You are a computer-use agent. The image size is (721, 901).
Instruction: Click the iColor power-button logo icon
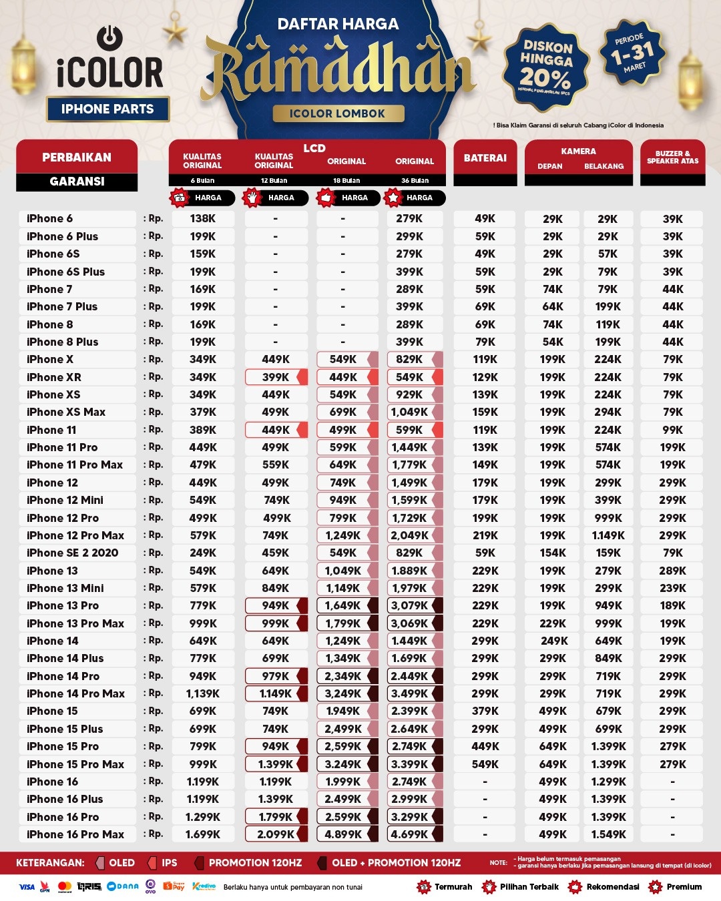coord(109,38)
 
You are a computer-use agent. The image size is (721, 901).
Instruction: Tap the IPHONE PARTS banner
coord(107,109)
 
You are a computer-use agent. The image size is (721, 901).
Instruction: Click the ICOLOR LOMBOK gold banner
coord(338,113)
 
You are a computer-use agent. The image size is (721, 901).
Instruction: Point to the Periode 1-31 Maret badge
coord(632,53)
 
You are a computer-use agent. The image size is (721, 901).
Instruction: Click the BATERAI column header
coord(485,158)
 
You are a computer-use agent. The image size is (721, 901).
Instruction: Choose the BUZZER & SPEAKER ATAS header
coord(672,158)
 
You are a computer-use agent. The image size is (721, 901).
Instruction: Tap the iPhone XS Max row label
coord(66,412)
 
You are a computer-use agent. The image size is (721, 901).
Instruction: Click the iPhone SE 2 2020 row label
coord(72,553)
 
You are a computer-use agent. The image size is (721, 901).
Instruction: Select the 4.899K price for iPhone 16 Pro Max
coord(343,834)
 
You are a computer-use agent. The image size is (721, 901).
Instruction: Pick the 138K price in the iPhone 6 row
coord(203,218)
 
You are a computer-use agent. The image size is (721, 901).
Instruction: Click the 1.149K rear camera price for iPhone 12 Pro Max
coord(608,535)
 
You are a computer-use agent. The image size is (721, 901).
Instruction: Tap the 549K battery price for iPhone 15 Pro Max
coord(485,764)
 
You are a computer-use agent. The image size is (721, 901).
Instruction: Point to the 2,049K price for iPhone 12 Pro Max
coord(409,535)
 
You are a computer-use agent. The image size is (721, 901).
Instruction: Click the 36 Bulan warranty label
coord(415,181)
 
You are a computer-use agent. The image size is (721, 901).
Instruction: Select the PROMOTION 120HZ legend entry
coord(255,863)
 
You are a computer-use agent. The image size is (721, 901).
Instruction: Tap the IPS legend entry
coord(169,863)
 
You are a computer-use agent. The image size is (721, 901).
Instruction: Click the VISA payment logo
coord(27,887)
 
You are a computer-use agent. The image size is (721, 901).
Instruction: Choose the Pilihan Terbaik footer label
coord(529,887)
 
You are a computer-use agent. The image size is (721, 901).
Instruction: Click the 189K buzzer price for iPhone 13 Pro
coord(672,605)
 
